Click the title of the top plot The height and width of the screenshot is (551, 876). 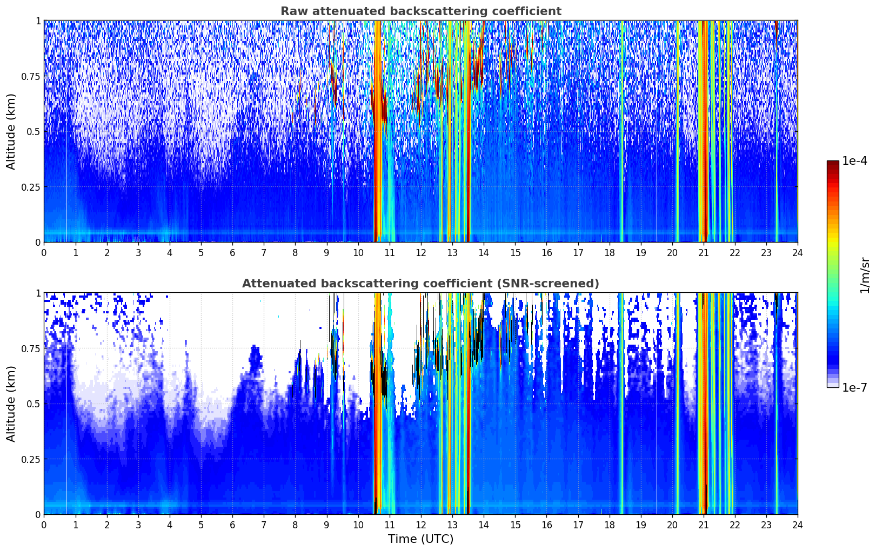421,11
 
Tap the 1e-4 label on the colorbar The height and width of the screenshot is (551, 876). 854,161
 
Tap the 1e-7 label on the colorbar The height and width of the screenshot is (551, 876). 854,388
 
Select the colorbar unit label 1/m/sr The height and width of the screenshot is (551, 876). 865,275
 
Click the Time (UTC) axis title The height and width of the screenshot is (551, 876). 421,539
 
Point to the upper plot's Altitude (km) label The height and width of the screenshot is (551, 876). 11,132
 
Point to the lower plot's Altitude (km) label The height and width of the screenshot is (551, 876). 11,404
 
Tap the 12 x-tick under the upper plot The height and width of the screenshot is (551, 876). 421,253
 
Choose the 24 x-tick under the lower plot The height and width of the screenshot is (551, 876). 798,525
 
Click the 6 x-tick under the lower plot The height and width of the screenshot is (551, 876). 232,525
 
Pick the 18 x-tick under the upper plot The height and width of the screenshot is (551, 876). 609,253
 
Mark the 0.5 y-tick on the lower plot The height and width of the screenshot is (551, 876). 33,404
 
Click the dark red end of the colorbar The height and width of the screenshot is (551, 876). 833,164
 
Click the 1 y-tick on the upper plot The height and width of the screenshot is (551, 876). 38,21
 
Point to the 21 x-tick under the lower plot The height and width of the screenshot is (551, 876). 704,525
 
